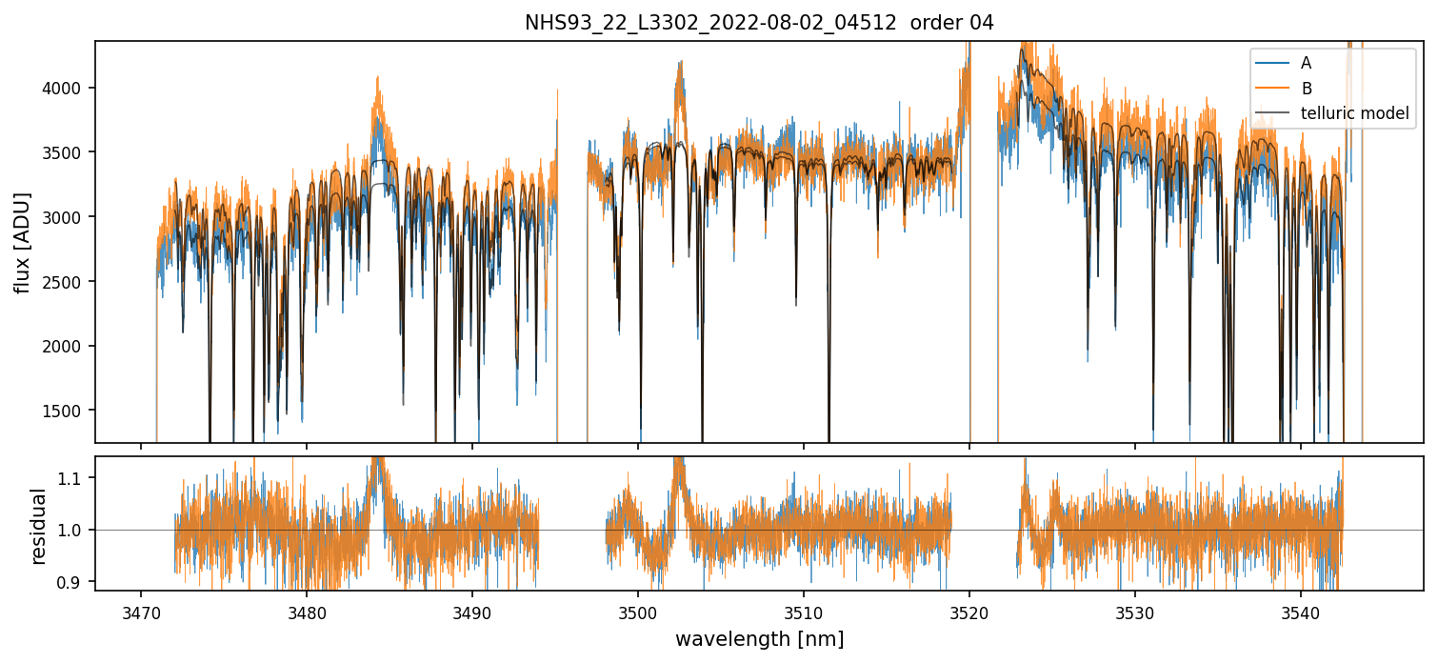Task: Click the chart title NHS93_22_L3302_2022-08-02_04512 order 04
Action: coord(759,23)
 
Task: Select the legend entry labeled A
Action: coord(1306,64)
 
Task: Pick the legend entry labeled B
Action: coord(1306,89)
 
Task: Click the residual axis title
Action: coord(38,526)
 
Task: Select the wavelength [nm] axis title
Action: coord(759,638)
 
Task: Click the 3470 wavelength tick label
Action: coord(141,611)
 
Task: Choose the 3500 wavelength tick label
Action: coord(638,611)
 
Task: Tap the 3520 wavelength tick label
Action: coord(969,611)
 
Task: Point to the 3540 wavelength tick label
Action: coord(1301,611)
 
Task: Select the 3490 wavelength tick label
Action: coord(472,611)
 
